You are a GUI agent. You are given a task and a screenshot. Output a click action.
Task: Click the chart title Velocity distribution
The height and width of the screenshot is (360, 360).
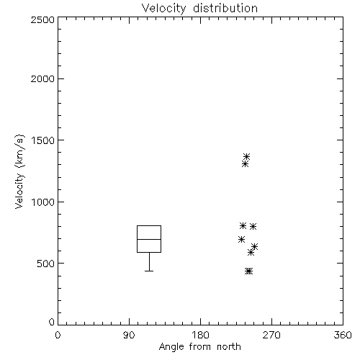coord(199,9)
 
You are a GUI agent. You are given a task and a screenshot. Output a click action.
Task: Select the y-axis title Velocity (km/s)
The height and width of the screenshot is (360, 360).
coord(19,171)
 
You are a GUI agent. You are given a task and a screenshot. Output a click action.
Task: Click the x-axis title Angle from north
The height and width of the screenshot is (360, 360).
coord(199,346)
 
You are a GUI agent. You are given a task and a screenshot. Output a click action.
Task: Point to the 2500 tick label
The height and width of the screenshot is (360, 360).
coord(42,19)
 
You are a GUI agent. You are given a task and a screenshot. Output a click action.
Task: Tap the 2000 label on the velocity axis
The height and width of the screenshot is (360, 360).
coord(42,78)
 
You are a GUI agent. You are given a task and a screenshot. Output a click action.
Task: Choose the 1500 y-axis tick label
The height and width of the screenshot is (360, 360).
coord(43,140)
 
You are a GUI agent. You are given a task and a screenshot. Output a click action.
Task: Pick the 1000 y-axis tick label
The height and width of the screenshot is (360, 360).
coord(43,202)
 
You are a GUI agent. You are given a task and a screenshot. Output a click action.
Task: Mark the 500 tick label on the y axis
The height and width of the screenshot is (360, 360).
coord(46,264)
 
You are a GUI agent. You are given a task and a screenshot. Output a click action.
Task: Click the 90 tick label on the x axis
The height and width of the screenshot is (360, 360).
coord(129,335)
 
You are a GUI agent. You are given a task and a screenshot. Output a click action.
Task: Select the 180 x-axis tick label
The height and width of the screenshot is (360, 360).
coord(200,335)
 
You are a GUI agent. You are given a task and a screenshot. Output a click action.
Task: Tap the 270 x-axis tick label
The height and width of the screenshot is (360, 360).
coord(271,335)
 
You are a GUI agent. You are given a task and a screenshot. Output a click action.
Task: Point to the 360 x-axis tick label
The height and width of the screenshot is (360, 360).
coord(343,335)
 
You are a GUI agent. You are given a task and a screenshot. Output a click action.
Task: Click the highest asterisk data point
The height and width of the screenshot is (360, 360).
coord(246,157)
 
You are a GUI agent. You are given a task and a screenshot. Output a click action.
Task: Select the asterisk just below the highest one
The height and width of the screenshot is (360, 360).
coord(245,164)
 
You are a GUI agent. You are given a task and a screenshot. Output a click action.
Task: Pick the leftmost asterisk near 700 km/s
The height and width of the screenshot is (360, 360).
coord(241,239)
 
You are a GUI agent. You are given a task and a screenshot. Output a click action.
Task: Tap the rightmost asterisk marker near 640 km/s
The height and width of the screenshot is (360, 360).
coord(254,246)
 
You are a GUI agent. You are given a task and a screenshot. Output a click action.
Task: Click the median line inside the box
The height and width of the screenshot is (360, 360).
coord(149,239)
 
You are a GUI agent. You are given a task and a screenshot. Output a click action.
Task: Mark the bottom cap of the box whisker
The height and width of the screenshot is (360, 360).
coord(149,271)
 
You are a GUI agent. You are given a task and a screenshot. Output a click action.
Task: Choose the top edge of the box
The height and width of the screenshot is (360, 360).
coord(149,225)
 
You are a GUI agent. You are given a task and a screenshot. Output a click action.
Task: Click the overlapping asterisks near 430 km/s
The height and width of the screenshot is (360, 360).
coord(248,271)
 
